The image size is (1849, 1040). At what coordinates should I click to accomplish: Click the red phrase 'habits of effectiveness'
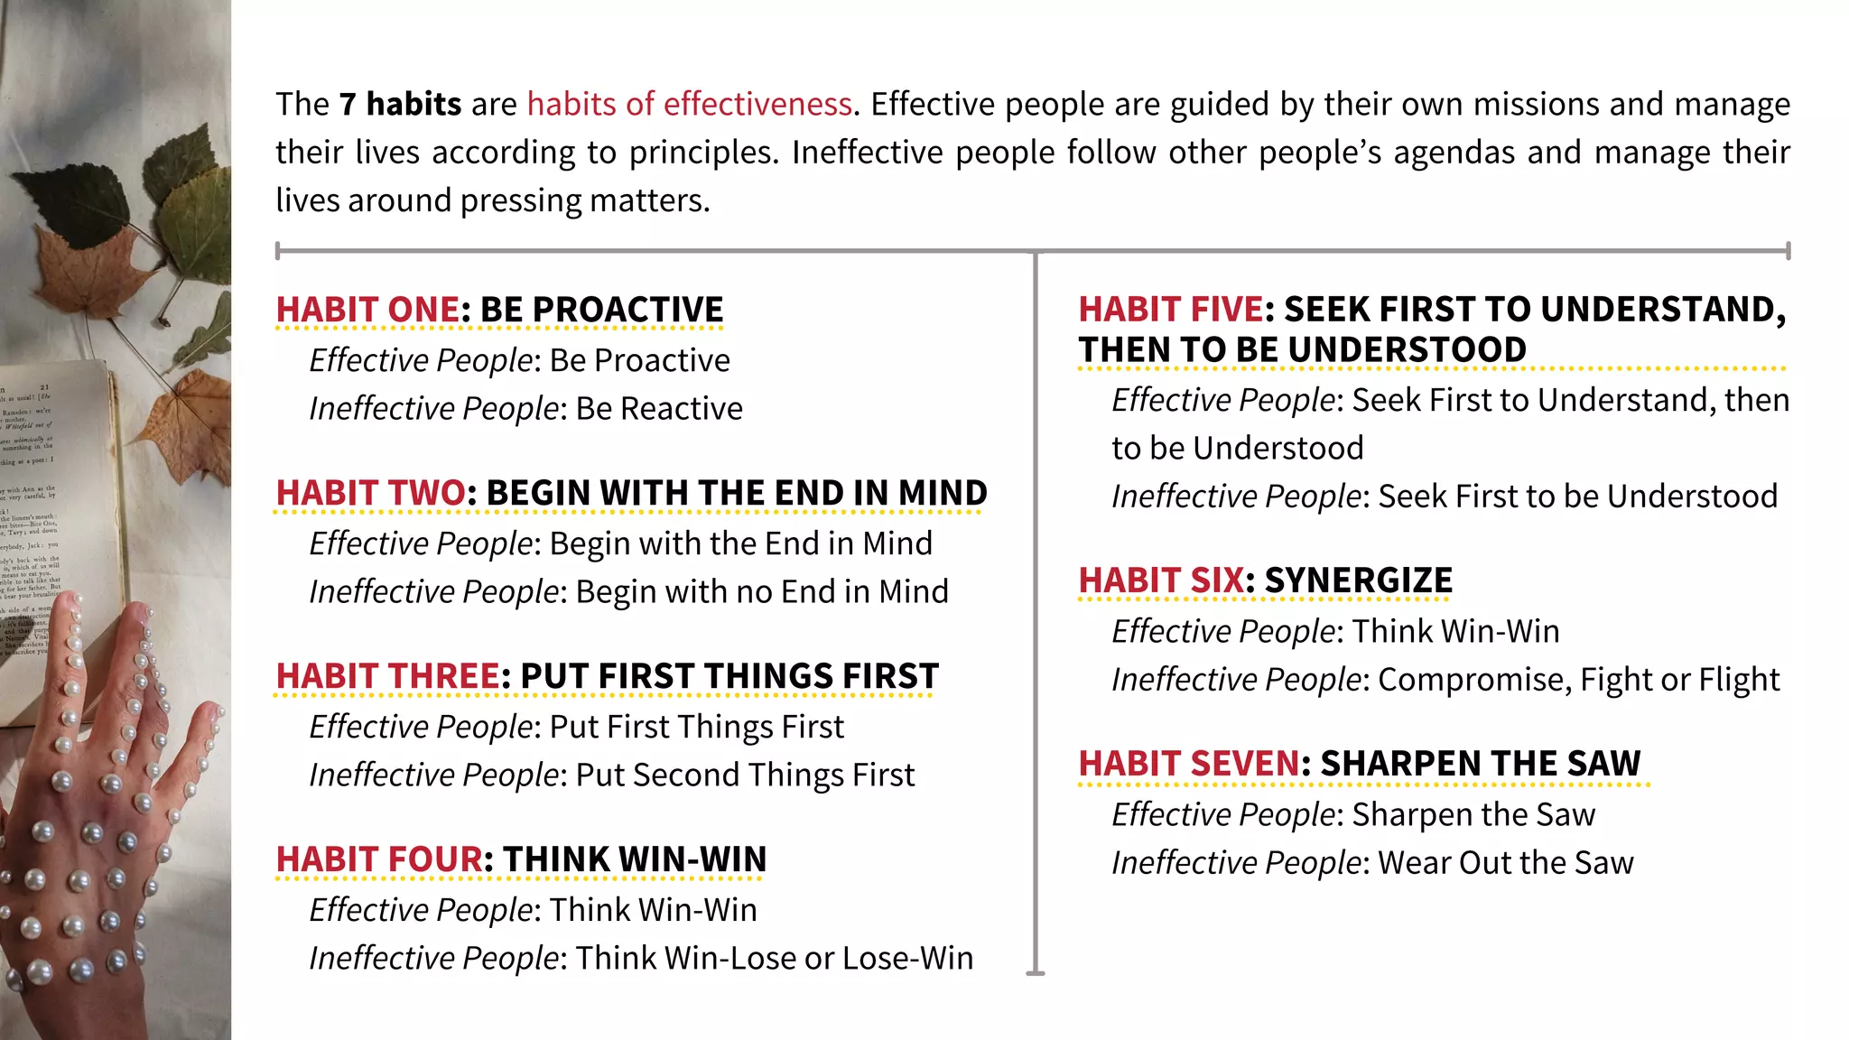point(690,105)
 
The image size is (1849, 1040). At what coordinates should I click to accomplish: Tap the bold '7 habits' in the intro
point(400,105)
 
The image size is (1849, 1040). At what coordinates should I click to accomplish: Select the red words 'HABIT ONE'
point(367,310)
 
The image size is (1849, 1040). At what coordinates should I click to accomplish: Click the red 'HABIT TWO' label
point(371,493)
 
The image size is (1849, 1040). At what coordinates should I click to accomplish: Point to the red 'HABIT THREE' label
point(387,676)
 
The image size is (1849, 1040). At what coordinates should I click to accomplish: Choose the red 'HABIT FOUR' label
point(379,859)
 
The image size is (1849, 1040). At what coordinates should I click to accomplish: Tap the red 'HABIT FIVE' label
point(1171,310)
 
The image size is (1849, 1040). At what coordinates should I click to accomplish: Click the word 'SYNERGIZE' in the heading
point(1359,580)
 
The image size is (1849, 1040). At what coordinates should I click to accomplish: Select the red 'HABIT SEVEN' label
point(1189,764)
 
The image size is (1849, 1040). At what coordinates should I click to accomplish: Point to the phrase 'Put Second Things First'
point(745,775)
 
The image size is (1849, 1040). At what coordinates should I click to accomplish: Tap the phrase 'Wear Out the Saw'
point(1506,863)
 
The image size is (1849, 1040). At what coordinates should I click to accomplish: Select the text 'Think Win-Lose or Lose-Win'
point(775,959)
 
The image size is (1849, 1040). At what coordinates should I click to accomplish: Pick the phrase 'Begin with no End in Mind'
point(762,592)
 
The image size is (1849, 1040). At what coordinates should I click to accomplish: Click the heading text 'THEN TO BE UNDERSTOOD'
point(1302,350)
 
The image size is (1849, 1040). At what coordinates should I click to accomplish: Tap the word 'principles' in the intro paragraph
point(702,153)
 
